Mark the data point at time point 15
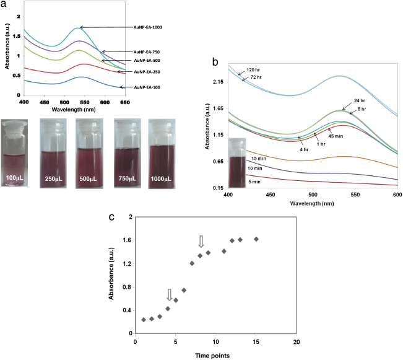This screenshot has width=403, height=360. (x=256, y=239)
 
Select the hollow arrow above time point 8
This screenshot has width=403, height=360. (x=200, y=241)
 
